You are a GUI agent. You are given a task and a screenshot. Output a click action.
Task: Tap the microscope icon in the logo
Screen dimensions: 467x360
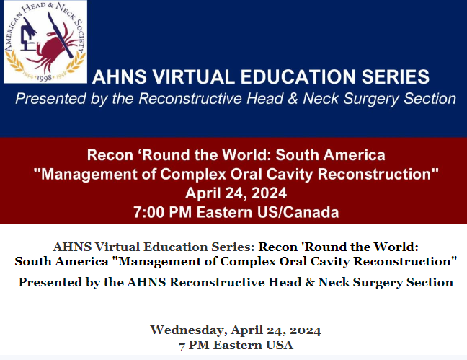(x=28, y=35)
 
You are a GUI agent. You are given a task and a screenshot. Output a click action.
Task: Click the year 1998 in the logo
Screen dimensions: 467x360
(x=44, y=78)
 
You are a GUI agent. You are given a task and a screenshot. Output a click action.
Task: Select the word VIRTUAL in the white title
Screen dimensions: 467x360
(x=194, y=76)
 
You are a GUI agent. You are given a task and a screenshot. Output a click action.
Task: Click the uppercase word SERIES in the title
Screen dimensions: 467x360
(x=395, y=76)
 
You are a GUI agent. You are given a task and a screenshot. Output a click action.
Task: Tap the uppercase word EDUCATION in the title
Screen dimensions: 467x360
(x=298, y=76)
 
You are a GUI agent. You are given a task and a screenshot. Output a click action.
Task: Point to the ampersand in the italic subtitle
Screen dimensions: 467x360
(x=293, y=98)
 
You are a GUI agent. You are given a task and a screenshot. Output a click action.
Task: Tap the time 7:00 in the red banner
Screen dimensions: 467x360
(x=148, y=212)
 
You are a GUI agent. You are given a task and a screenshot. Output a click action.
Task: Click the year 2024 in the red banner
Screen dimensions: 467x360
(x=269, y=193)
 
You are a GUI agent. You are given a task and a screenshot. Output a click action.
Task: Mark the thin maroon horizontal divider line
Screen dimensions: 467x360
(x=236, y=307)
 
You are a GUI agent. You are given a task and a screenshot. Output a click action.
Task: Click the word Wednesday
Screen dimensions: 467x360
(x=189, y=330)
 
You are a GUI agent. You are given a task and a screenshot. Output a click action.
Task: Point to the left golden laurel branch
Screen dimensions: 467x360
(x=14, y=62)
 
